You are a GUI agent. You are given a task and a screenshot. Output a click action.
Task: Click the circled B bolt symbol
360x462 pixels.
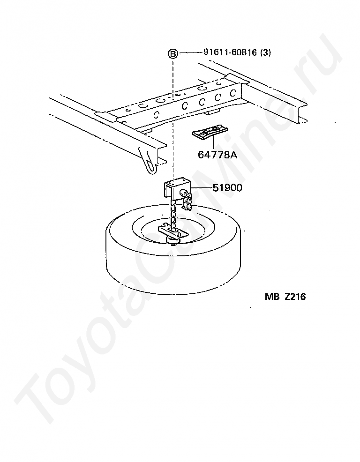[173, 53]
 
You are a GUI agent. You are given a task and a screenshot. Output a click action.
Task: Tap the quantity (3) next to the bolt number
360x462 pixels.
[265, 53]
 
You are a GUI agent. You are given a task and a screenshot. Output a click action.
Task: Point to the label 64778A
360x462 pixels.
[217, 155]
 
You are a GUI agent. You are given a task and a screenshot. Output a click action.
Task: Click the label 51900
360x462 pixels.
[227, 188]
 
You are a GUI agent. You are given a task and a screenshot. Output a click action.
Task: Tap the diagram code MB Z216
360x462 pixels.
[285, 296]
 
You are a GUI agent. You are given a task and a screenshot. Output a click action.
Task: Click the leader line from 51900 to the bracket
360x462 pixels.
[202, 188]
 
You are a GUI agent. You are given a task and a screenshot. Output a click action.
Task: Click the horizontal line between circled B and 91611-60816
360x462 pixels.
[190, 53]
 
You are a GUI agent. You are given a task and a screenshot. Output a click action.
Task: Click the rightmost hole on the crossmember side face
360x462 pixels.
[232, 93]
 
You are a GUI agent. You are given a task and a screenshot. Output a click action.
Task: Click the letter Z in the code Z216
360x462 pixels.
[287, 296]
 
